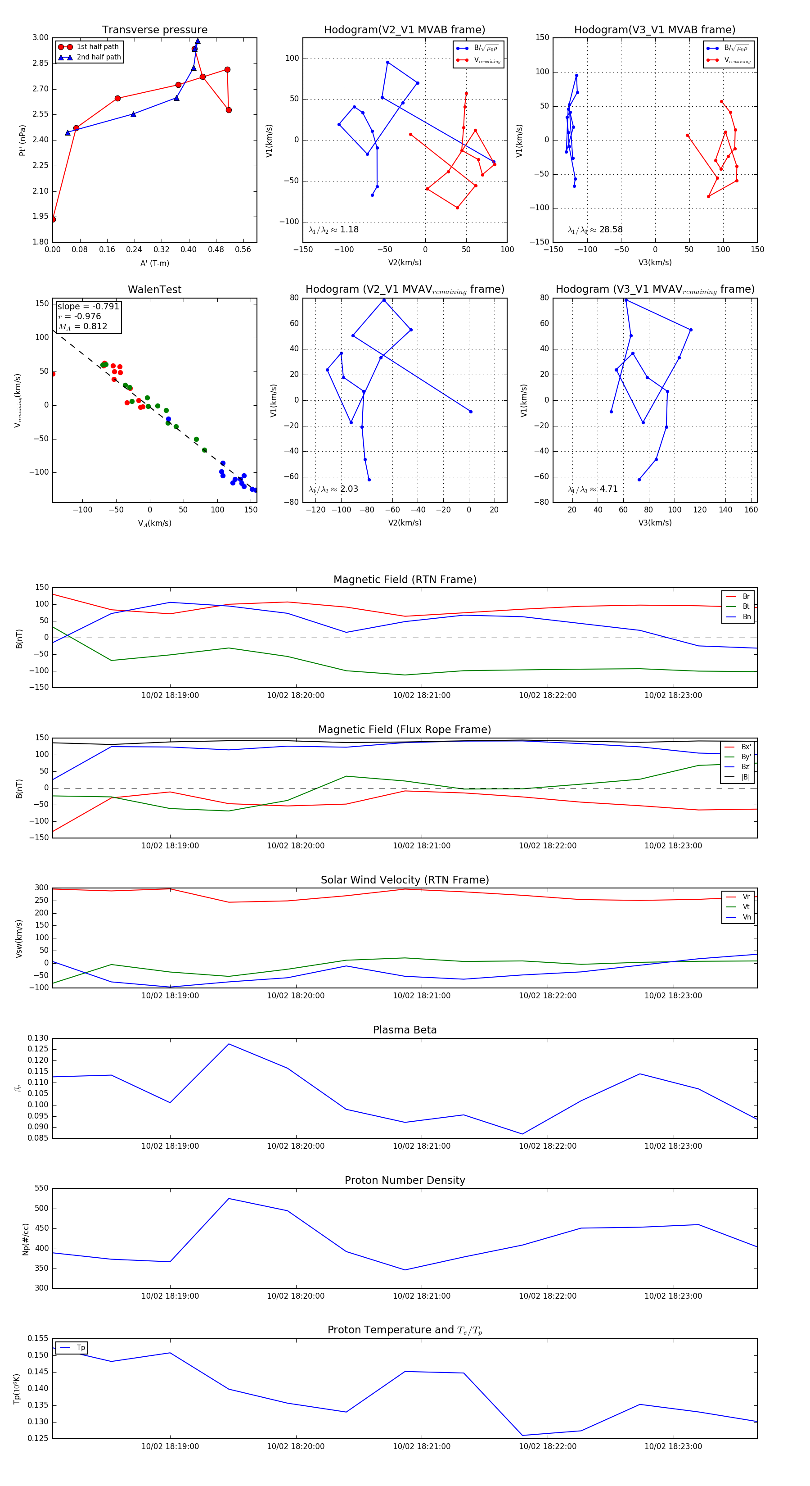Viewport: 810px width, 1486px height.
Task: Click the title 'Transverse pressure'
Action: [154, 30]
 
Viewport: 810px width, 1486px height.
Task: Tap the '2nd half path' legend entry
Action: [99, 57]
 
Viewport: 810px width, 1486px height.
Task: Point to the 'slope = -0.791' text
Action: [88, 306]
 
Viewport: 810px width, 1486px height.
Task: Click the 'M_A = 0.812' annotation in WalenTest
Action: [82, 326]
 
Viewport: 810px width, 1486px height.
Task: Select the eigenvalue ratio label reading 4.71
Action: [593, 489]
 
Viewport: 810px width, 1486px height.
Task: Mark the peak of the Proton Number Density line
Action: [229, 1199]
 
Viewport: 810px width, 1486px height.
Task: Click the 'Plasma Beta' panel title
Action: [405, 1030]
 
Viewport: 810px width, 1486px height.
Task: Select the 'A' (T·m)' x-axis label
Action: [154, 263]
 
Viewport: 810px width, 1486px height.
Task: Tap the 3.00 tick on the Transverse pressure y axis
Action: [40, 37]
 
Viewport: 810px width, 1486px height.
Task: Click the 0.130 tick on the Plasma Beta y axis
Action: [39, 1038]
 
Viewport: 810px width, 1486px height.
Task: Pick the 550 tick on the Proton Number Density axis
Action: [41, 1188]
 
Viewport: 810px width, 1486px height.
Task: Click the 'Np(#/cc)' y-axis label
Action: [25, 1238]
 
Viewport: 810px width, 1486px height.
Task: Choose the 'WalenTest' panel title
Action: [154, 290]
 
